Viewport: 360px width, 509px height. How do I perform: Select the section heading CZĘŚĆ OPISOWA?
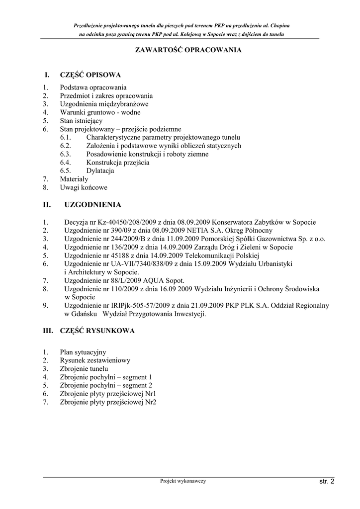(x=90, y=75)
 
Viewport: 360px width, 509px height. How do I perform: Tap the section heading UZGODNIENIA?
(x=92, y=204)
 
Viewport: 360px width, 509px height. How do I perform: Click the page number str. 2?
(x=327, y=481)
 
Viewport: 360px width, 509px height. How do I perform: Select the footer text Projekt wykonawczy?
(x=183, y=481)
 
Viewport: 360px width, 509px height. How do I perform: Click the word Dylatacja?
(x=100, y=170)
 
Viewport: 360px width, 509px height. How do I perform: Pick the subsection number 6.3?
(x=66, y=154)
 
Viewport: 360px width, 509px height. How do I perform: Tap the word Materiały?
(x=74, y=179)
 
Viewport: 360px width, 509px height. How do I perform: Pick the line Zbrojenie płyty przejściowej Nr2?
(x=108, y=402)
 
